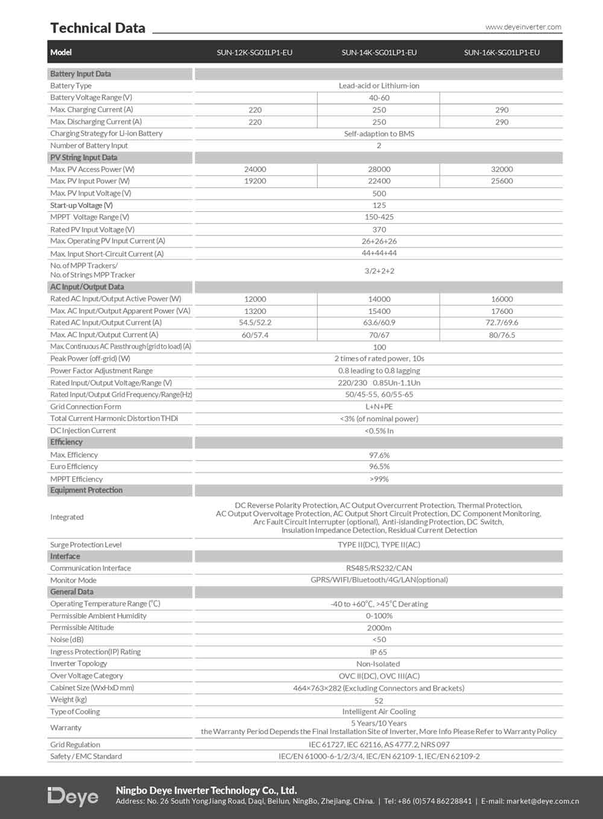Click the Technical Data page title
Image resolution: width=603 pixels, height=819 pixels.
(x=98, y=28)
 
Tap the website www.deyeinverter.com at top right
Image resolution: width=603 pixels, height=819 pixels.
(x=523, y=27)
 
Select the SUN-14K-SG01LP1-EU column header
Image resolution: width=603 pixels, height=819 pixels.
(x=379, y=53)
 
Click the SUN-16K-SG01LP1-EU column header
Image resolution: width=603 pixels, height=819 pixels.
(x=502, y=53)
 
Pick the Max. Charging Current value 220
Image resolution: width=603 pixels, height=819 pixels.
(x=255, y=110)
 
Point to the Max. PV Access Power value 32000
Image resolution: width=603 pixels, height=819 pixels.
(x=502, y=170)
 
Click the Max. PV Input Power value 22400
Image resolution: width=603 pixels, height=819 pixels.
(x=379, y=181)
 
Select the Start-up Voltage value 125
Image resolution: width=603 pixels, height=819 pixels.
(x=379, y=205)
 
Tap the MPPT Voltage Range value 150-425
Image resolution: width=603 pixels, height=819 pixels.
(x=379, y=217)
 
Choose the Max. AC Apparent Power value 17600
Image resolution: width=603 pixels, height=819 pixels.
(x=502, y=311)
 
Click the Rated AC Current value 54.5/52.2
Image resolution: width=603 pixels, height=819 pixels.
(x=255, y=323)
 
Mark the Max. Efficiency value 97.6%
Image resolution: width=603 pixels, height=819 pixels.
(x=379, y=455)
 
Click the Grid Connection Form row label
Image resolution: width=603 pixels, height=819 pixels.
(x=86, y=407)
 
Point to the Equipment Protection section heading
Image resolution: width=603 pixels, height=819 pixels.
(x=86, y=490)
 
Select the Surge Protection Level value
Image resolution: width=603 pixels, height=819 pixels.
(x=379, y=544)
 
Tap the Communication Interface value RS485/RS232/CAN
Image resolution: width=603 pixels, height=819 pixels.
(x=379, y=568)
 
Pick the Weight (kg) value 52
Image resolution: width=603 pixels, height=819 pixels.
(x=379, y=701)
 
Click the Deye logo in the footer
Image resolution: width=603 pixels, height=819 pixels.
(x=73, y=797)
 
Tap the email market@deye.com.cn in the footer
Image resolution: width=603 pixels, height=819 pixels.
(x=542, y=801)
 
